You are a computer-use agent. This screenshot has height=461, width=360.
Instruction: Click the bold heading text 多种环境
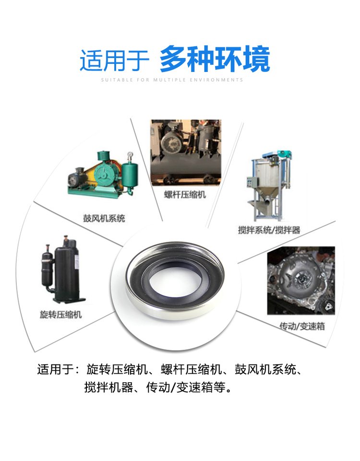point(215,59)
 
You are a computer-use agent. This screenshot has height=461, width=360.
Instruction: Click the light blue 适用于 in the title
point(114,60)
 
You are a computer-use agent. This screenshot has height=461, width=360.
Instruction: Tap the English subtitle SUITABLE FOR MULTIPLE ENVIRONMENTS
point(172,80)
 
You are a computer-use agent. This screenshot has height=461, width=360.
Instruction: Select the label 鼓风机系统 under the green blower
point(104,218)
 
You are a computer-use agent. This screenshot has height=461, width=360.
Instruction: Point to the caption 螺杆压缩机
point(185,195)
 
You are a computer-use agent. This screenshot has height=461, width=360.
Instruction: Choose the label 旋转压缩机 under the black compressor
point(60,315)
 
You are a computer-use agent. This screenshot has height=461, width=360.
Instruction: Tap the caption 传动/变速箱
point(302,326)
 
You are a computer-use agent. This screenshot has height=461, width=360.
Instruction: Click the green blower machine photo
point(103,174)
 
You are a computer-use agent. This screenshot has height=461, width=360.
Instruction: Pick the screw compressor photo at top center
point(186,152)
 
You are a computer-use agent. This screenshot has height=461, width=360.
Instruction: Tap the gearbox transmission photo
point(301,281)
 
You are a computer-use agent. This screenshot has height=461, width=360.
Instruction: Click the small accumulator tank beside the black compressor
point(47,268)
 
